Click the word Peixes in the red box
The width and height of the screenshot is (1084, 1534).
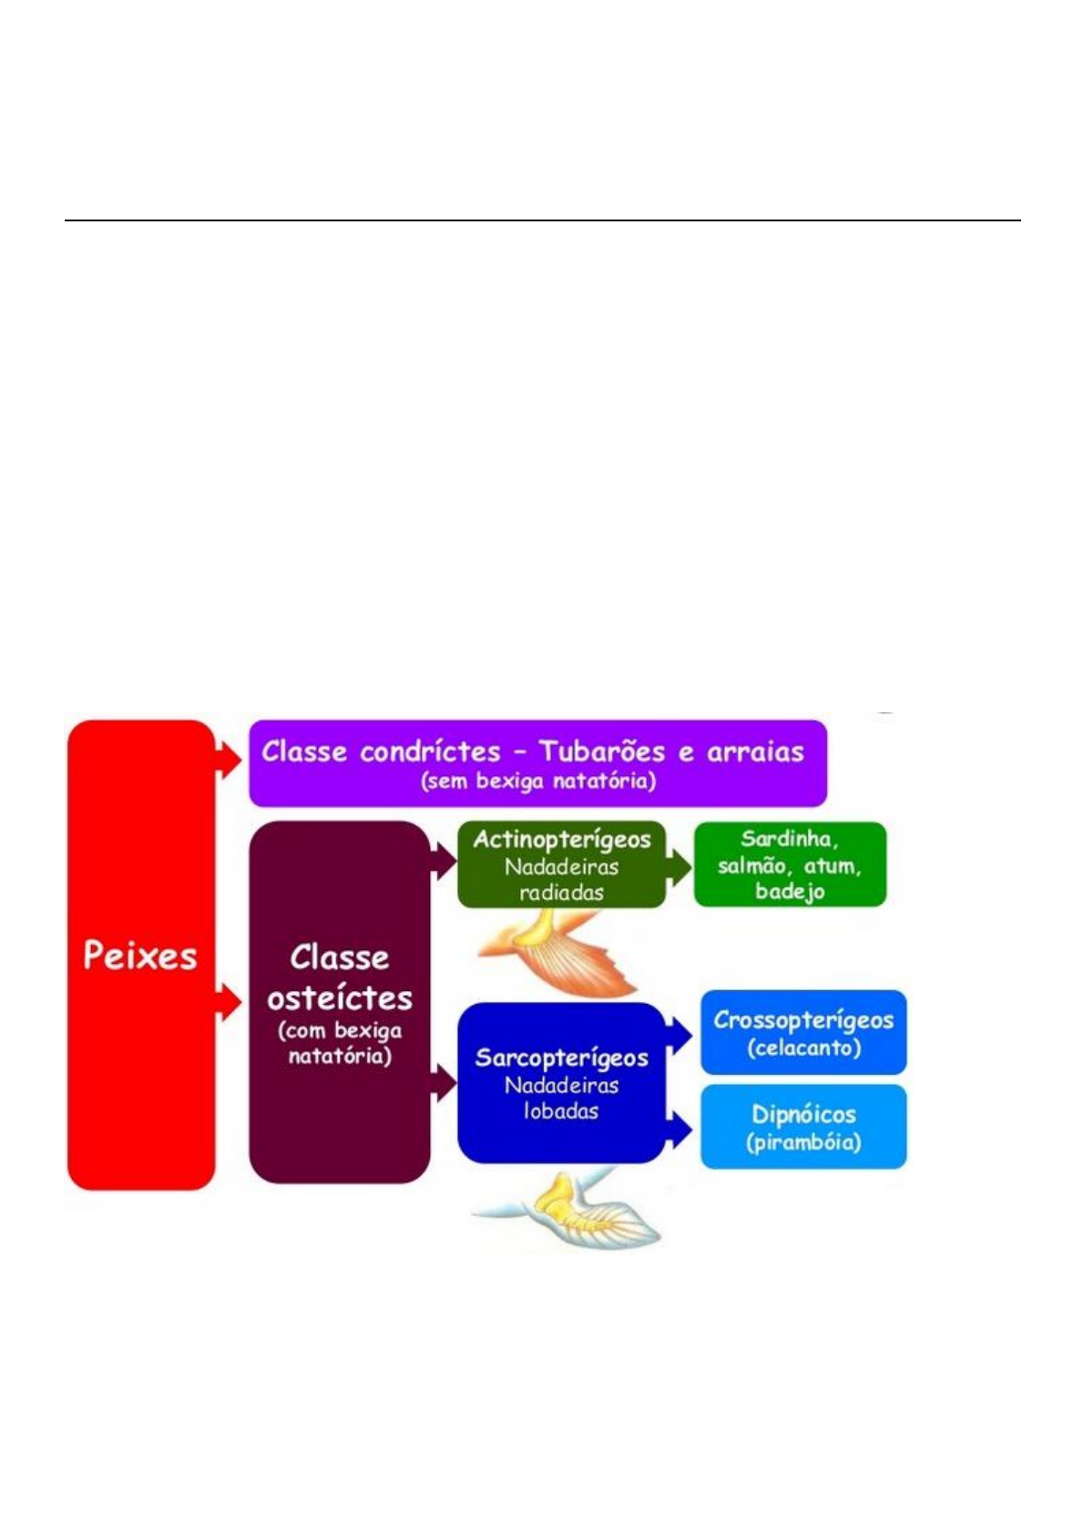(140, 956)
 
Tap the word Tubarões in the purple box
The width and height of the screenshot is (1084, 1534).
(601, 752)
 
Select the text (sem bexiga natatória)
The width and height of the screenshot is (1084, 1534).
(537, 781)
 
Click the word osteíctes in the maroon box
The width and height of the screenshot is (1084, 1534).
(340, 997)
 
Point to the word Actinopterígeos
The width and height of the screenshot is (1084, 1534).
(562, 839)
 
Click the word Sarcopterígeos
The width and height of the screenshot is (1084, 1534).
(562, 1058)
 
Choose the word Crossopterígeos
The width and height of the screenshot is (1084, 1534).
(803, 1020)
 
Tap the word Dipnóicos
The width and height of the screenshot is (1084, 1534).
(803, 1114)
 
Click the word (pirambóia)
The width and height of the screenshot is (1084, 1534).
(803, 1141)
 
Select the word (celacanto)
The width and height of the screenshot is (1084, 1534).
(803, 1048)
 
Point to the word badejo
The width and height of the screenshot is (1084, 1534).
(790, 891)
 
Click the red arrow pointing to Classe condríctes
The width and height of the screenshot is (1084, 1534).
(228, 758)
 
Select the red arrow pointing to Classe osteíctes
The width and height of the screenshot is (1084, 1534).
(228, 1002)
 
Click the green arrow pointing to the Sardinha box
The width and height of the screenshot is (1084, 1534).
(680, 866)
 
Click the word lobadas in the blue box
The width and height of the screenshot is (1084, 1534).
(561, 1111)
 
